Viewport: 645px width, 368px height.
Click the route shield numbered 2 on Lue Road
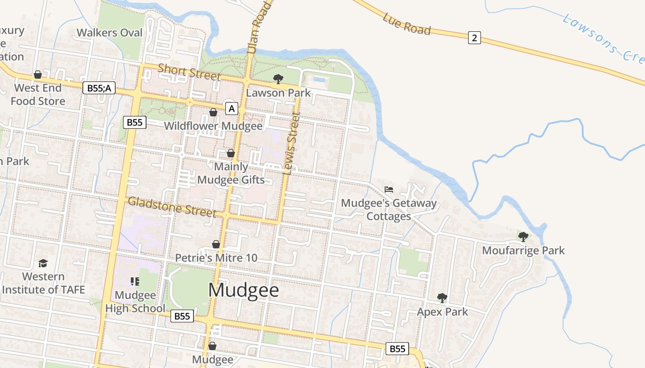[475, 38]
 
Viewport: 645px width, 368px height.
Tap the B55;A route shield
[99, 87]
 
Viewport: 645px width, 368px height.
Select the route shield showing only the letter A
[232, 109]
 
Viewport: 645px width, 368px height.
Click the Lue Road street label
[406, 24]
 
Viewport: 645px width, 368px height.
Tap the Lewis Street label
[292, 143]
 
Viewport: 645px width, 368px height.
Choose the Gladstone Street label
[172, 207]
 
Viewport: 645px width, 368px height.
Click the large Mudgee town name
[244, 290]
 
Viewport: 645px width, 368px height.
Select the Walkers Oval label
[110, 33]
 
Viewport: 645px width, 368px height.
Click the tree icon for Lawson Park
[278, 79]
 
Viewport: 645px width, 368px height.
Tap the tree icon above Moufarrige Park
[523, 237]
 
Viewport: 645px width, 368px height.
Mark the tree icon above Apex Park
[442, 298]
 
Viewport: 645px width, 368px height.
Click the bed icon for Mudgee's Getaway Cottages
[389, 189]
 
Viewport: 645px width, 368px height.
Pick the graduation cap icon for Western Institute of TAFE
[43, 263]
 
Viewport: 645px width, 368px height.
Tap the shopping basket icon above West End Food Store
[38, 75]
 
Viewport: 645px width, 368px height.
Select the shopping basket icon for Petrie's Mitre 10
[216, 244]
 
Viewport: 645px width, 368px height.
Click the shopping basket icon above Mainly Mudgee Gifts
[231, 153]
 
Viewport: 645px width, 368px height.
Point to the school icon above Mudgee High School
[135, 281]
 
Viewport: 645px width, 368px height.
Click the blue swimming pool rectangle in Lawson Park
[319, 80]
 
